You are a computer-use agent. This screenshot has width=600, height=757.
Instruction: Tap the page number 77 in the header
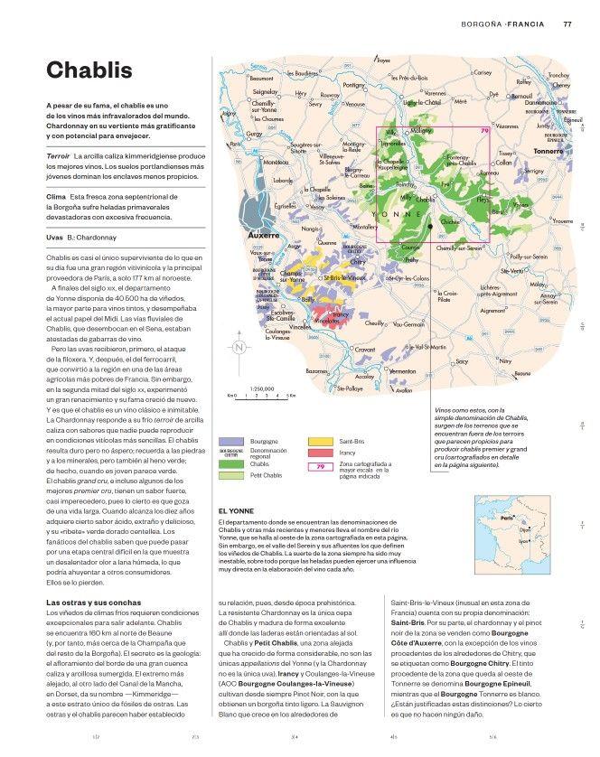[567, 23]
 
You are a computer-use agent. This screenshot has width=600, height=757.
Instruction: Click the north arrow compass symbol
[239, 348]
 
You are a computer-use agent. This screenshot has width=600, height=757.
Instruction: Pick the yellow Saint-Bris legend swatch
[321, 441]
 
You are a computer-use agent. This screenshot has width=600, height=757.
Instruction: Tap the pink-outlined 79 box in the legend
[321, 466]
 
